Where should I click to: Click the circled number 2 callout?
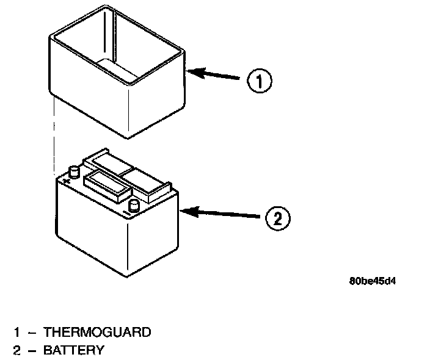pyautogui.click(x=277, y=218)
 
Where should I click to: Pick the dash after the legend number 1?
pyautogui.click(x=31, y=333)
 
